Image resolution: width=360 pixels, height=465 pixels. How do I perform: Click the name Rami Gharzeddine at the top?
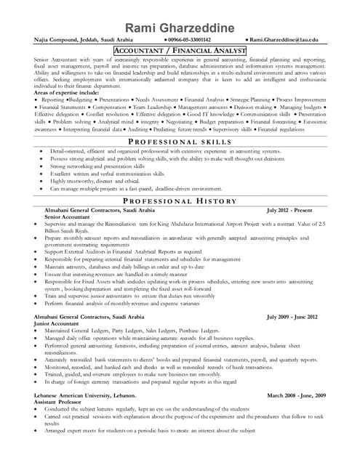[x=180, y=28]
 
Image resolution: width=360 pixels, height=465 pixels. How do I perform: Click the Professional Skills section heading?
[x=180, y=141]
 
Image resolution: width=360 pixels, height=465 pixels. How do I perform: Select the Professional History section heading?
[x=180, y=201]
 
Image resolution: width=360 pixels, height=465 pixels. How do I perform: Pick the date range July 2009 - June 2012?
[x=292, y=317]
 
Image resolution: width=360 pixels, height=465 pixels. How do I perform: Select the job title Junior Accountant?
[x=64, y=323]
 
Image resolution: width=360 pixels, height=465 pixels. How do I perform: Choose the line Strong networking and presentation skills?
[x=97, y=166]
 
